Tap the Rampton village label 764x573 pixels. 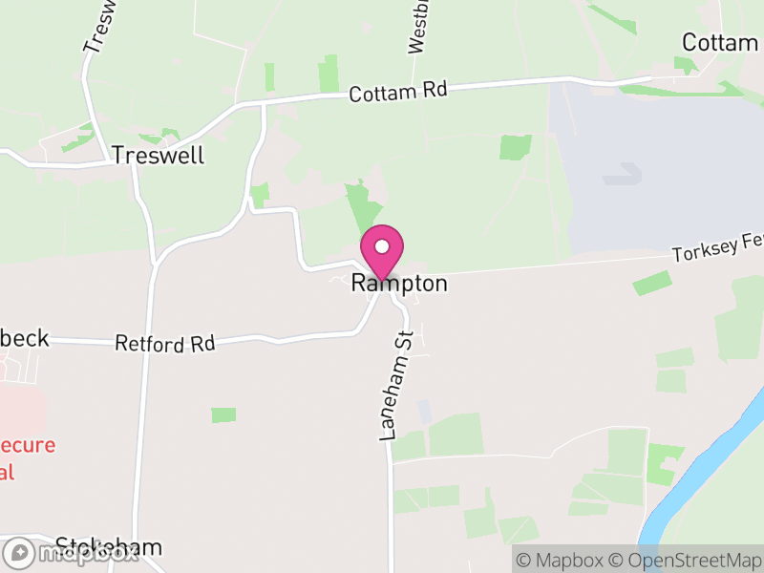399,284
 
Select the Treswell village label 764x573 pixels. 158,155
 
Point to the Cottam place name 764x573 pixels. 719,43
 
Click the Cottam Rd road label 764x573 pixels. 398,92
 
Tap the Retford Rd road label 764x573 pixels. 165,343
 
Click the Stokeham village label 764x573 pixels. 108,547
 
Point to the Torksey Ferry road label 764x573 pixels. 717,253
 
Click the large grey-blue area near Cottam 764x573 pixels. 659,172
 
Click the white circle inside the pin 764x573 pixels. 382,246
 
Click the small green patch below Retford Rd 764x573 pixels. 223,415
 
